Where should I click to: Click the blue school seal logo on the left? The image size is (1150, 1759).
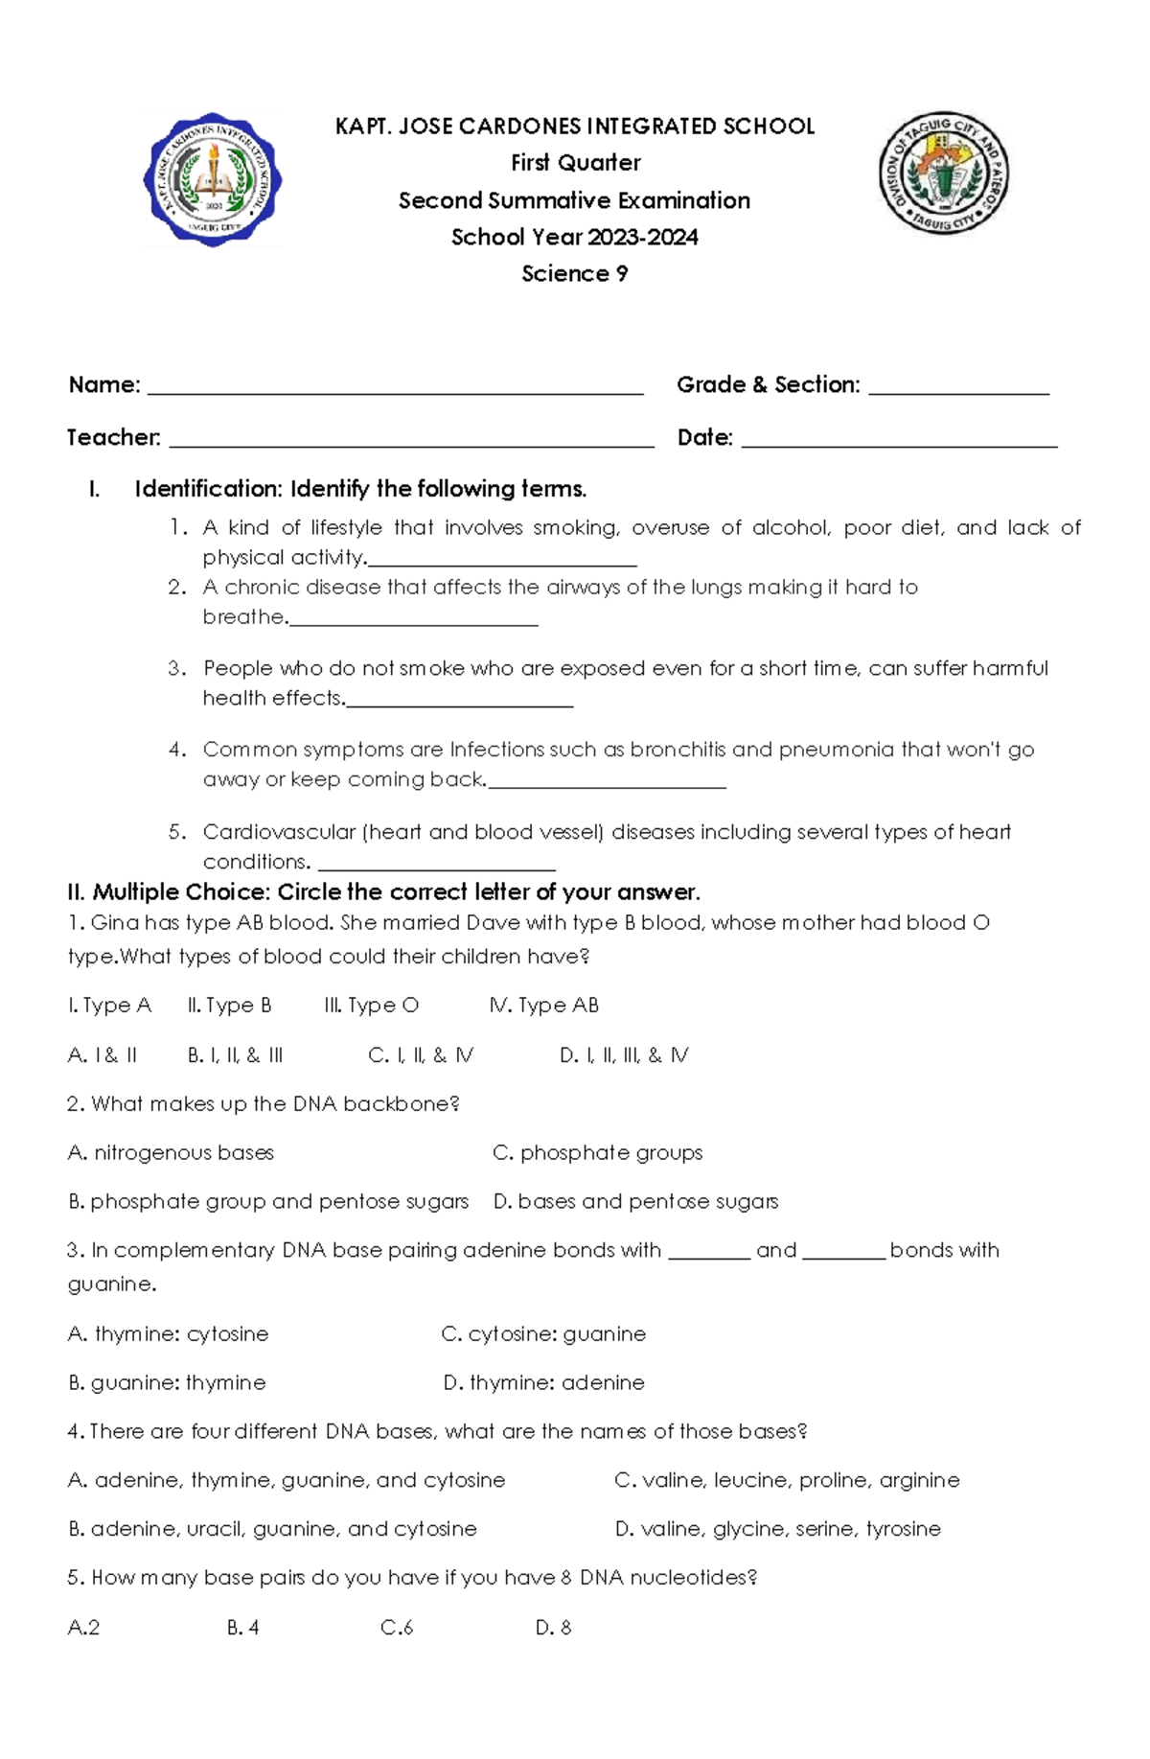[213, 180]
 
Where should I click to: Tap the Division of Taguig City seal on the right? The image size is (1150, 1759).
[943, 174]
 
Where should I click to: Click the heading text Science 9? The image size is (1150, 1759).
[575, 274]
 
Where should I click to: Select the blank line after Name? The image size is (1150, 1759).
[395, 388]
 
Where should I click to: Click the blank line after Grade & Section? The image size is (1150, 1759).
[958, 388]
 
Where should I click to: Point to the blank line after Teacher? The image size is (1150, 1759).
[411, 441]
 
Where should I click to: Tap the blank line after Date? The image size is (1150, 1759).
[899, 441]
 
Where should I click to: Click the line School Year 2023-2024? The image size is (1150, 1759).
[575, 238]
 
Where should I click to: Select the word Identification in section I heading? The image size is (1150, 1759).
[207, 489]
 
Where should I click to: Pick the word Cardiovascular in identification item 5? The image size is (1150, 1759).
[279, 832]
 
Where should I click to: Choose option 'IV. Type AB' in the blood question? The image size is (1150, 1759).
[544, 1006]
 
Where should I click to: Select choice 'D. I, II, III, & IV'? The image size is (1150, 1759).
[624, 1055]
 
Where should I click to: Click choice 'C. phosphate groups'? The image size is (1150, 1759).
[598, 1153]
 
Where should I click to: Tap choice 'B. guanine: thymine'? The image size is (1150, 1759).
[168, 1383]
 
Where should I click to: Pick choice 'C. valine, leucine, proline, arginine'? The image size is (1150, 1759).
[787, 1481]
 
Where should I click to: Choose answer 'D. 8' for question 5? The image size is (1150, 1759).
[554, 1628]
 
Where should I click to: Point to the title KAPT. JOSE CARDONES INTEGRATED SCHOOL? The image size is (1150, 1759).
[575, 127]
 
